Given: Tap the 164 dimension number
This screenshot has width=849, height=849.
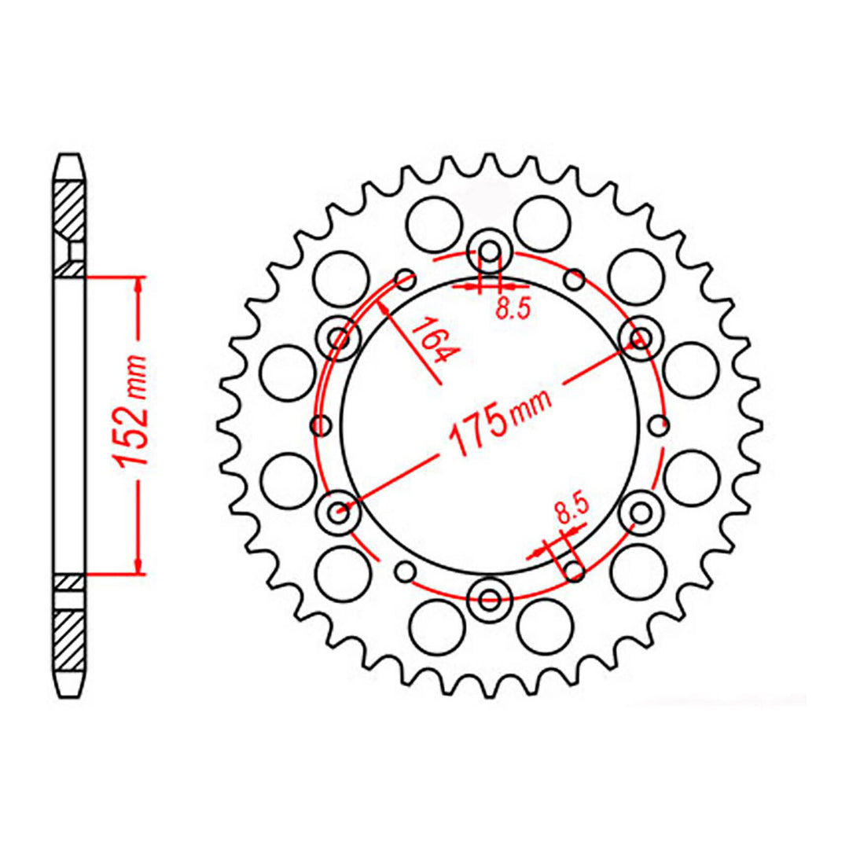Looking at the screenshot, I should [433, 340].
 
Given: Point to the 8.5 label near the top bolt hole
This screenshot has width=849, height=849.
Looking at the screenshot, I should [513, 309].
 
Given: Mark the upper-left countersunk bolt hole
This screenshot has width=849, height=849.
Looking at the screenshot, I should [340, 340].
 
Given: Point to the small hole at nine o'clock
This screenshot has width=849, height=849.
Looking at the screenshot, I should [320, 426].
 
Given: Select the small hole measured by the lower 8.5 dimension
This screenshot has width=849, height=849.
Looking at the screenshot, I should [575, 571].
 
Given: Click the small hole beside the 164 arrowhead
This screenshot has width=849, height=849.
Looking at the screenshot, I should [406, 277].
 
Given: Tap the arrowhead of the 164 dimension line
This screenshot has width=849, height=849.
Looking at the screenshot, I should [385, 307].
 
